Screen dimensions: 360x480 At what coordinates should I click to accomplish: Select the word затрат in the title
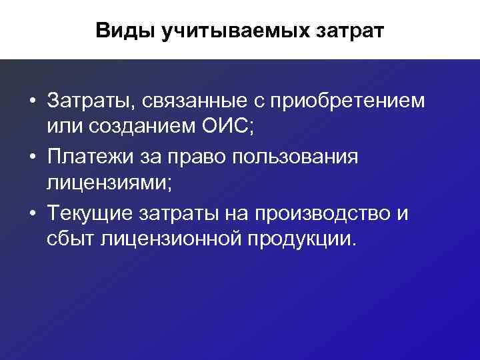pyautogui.click(x=351, y=31)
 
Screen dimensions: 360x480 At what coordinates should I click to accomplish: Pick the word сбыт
pyautogui.click(x=71, y=238)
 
